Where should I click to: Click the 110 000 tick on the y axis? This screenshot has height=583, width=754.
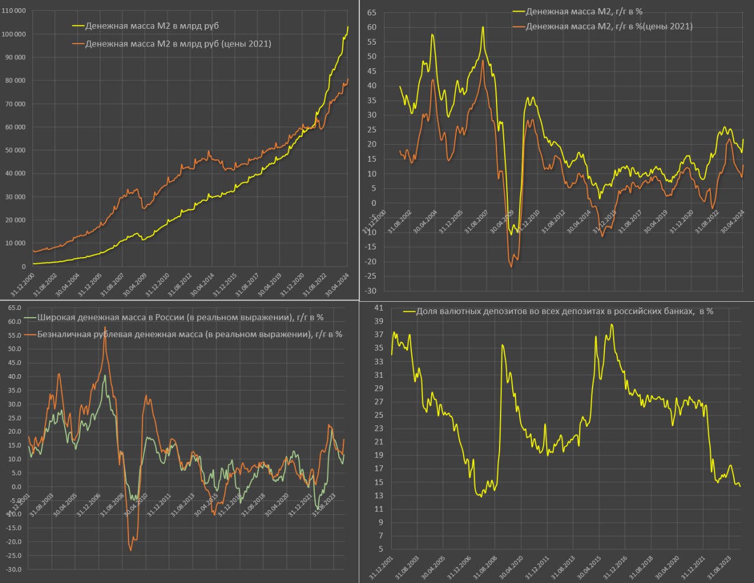[x=14, y=11]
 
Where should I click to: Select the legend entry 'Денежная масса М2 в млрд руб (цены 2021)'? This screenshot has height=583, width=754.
[x=178, y=44]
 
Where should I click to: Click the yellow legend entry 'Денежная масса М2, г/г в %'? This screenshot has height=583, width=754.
[x=584, y=11]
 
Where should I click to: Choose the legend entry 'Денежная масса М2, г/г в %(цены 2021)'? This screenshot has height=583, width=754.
[x=609, y=26]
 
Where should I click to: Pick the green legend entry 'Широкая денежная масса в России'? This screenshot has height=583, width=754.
[x=180, y=317]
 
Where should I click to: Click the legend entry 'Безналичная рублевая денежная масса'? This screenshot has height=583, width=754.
[x=190, y=334]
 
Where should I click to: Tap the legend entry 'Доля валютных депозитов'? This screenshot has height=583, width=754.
[x=564, y=311]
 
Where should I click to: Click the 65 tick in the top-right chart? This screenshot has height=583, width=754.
[x=372, y=12]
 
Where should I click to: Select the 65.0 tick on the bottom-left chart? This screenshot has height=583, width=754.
[x=15, y=308]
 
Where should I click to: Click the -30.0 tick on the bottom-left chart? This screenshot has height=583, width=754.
[x=14, y=569]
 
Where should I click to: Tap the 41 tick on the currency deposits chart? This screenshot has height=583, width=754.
[x=378, y=308]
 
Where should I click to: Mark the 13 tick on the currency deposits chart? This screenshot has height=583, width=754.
[x=378, y=496]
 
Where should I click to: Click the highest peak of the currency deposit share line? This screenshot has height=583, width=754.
[x=612, y=324]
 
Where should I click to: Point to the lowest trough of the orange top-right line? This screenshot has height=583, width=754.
[x=511, y=267]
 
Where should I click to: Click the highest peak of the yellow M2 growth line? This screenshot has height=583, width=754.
[x=482, y=27]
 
